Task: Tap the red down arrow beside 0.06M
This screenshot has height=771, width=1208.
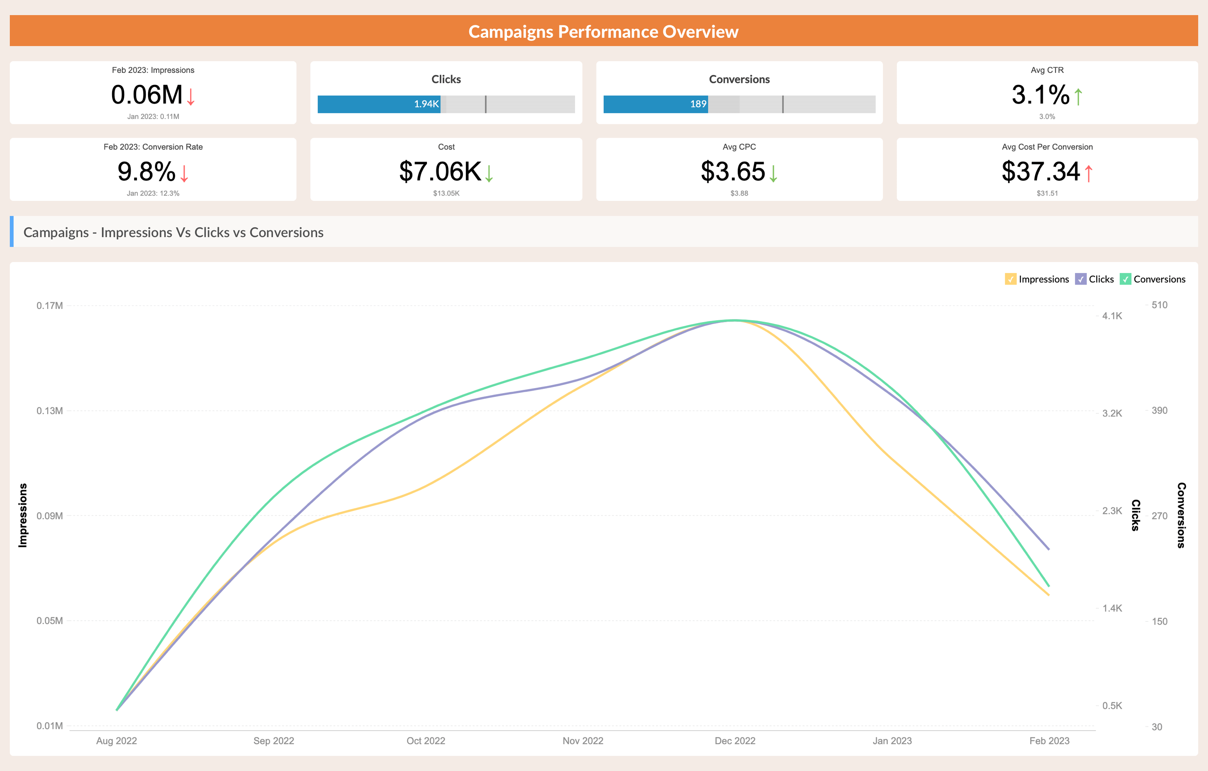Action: pos(191,96)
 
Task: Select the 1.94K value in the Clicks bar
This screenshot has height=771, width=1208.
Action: pos(426,104)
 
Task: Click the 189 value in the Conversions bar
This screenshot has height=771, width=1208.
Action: pos(698,104)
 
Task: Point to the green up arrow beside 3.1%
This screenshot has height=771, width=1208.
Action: pos(1078,96)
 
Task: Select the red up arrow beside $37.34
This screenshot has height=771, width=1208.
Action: pos(1089,173)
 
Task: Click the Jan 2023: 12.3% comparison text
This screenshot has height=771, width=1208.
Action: pos(153,193)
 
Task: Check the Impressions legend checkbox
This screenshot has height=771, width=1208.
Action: pos(1010,279)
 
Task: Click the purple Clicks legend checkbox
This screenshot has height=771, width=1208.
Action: pos(1080,279)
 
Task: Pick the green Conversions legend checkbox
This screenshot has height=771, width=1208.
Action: pos(1125,279)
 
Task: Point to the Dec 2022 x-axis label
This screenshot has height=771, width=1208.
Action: pos(735,741)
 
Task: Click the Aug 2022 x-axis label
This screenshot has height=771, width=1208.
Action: pos(116,741)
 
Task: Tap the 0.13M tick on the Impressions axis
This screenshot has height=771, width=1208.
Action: pos(50,411)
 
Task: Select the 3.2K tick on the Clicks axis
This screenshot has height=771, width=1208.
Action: pos(1112,413)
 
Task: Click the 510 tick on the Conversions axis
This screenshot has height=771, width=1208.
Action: pos(1159,305)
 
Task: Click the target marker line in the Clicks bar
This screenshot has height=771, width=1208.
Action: pos(485,104)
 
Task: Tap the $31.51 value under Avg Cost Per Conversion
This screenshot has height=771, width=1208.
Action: pos(1047,193)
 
